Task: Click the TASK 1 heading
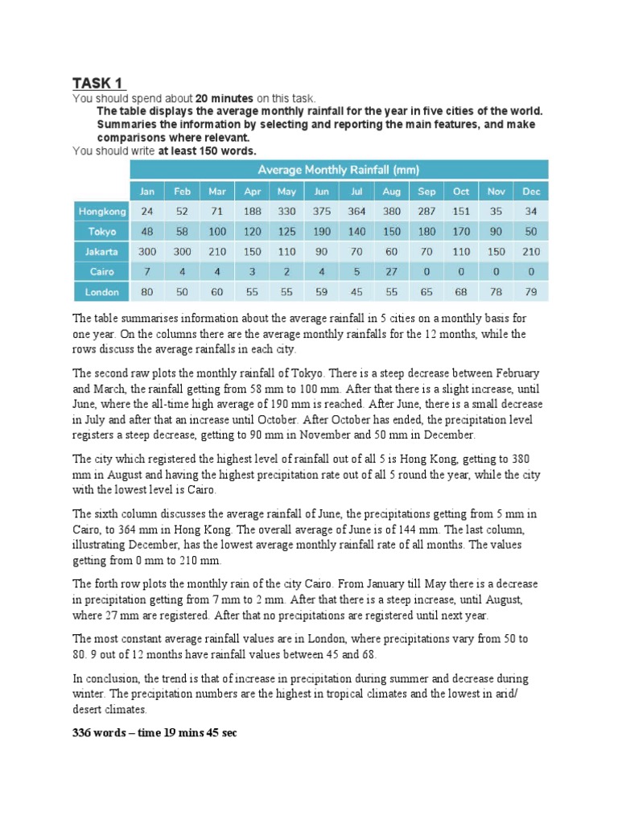coord(99,83)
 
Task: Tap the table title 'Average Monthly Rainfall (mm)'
coord(338,170)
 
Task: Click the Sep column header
coord(426,192)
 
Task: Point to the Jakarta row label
coord(101,252)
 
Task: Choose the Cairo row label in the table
coord(101,272)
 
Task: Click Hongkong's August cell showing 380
coord(391,212)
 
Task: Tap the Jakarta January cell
coord(146,252)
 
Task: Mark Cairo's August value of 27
coord(391,272)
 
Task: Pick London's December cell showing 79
coord(530,292)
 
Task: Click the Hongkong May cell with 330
coord(286,212)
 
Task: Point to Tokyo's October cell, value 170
coord(460,232)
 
